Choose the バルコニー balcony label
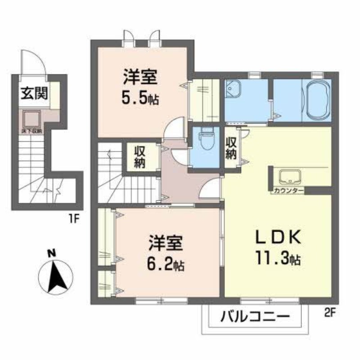[254, 318]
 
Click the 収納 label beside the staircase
[139, 156]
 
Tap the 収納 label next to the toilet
[231, 148]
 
